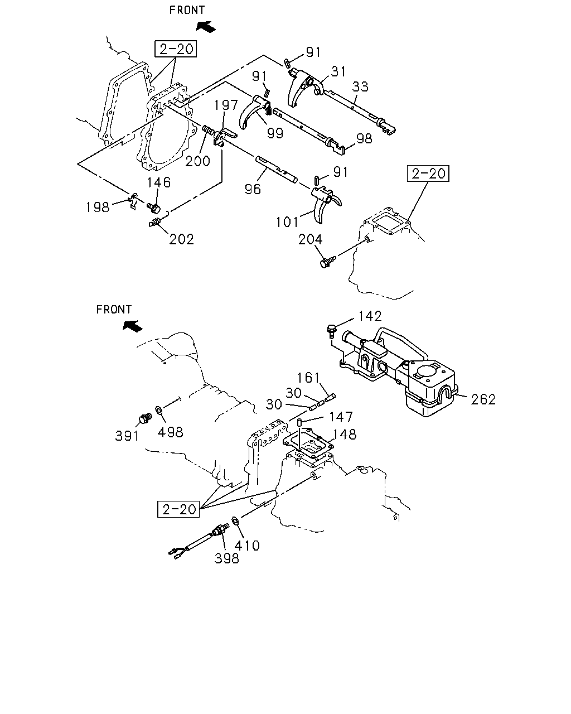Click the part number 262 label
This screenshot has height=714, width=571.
tap(483, 399)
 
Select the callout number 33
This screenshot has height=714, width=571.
tap(360, 86)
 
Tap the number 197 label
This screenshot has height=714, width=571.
tap(226, 105)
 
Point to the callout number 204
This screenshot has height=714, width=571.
tap(310, 239)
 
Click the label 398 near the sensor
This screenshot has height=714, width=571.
tap(226, 559)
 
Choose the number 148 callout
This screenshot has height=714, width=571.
tap(345, 435)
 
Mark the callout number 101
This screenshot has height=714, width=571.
tap(287, 223)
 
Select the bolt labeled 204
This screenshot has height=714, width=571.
tap(328, 262)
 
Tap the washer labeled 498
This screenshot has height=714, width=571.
tap(159, 410)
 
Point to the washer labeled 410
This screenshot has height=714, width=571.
tap(234, 520)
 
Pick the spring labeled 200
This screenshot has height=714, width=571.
tap(209, 130)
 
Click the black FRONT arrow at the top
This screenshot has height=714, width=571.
tap(206, 27)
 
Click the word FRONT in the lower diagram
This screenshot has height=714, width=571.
tap(114, 310)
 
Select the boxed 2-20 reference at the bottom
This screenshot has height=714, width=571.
tap(178, 509)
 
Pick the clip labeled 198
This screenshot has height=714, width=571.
tap(133, 200)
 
